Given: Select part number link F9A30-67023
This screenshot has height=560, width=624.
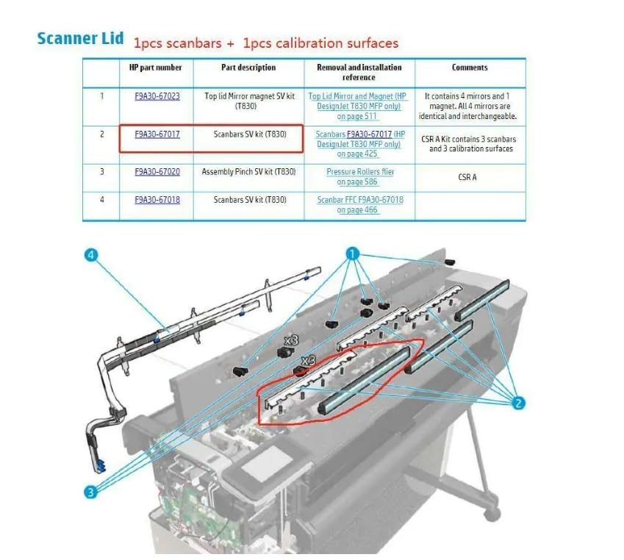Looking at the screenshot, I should tap(157, 96).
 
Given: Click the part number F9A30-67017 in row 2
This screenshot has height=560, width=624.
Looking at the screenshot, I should tap(157, 134).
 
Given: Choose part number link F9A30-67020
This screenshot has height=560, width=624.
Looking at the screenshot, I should tap(157, 172).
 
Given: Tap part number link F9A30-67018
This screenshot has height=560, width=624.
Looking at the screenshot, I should tap(157, 200).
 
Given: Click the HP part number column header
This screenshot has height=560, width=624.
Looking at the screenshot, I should tap(157, 68).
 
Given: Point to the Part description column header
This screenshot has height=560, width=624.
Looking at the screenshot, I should tap(248, 68).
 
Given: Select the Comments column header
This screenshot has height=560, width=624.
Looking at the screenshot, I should tap(470, 68).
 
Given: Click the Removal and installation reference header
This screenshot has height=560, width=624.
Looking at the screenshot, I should tap(359, 72).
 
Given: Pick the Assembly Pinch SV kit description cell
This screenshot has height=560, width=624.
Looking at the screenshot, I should tap(248, 172).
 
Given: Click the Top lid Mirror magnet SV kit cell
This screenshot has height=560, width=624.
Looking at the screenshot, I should tap(248, 101).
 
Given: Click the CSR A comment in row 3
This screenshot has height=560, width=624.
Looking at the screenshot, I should tap(470, 177).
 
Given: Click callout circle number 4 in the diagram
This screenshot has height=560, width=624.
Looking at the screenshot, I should tap(91, 255).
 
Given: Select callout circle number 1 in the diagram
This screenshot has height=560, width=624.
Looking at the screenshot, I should tap(352, 254).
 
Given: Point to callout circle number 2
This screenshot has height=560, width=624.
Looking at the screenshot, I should tap(519, 402).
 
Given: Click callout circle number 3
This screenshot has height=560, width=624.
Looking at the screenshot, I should tap(90, 492).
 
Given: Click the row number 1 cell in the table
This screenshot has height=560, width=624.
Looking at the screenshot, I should tap(101, 96).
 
